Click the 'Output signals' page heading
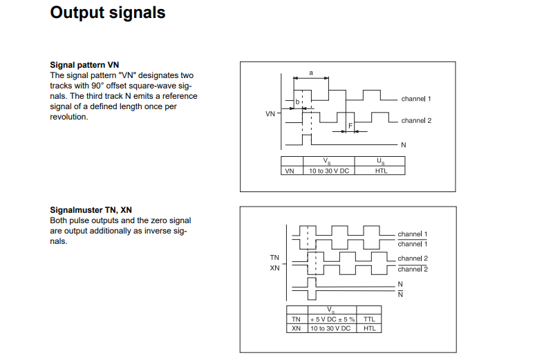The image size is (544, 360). point(108,13)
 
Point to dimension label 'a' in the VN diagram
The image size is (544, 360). point(310,73)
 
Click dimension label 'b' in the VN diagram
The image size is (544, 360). point(298,102)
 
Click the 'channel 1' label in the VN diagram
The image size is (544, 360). point(415,99)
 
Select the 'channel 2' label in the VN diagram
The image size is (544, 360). point(415,120)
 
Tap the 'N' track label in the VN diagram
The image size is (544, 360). point(404,144)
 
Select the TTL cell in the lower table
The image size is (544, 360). point(369,319)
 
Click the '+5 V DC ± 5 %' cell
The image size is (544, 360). point(332,319)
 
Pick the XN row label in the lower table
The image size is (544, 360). point(296,328)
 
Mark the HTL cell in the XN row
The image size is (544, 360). point(369,328)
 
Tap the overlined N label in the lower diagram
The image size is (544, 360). point(400,293)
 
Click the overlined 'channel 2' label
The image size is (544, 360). point(413,269)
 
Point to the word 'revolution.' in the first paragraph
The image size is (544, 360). point(69,117)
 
